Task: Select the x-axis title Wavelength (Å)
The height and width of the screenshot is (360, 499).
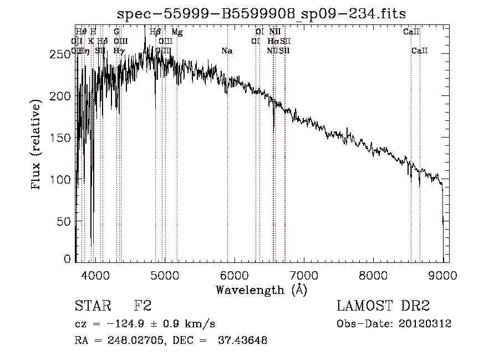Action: click(261, 290)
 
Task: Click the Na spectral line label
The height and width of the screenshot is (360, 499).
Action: click(227, 51)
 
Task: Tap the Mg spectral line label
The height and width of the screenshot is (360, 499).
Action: click(177, 32)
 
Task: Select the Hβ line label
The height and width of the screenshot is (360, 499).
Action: click(155, 32)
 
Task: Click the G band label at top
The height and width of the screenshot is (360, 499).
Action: click(116, 32)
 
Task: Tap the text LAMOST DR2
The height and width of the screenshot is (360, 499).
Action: click(383, 306)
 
